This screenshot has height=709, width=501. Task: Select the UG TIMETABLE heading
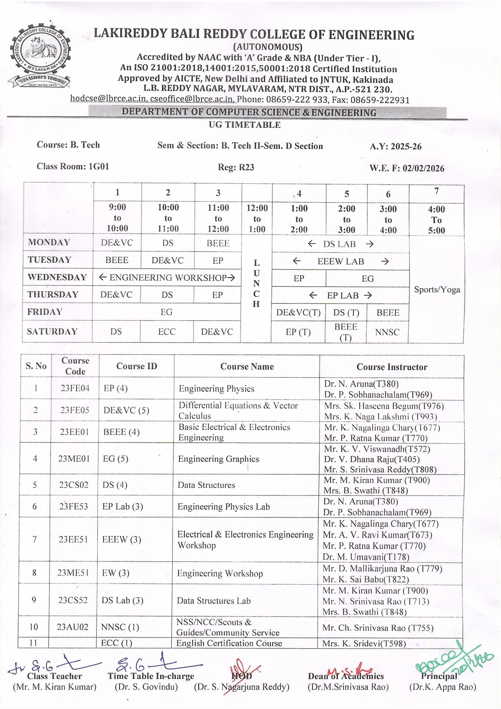(x=244, y=125)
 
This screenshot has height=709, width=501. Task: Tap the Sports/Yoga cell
(x=437, y=290)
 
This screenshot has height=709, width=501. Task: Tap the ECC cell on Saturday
(x=167, y=332)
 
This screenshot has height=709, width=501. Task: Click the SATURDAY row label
(x=52, y=331)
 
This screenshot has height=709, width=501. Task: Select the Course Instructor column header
(x=392, y=367)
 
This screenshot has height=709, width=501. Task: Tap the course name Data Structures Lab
(x=213, y=601)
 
